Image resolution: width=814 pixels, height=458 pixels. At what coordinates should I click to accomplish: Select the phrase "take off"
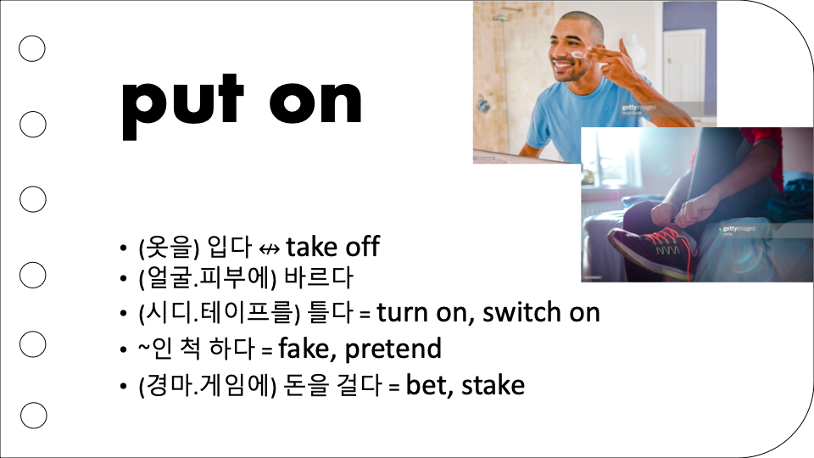(x=332, y=246)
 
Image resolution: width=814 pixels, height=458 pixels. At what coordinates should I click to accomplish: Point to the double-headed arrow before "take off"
(x=269, y=249)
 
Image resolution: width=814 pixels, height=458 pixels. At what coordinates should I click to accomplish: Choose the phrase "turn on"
(x=422, y=313)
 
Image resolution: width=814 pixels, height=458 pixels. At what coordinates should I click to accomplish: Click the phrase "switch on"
(x=541, y=313)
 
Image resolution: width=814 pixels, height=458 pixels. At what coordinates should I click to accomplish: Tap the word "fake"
(x=304, y=348)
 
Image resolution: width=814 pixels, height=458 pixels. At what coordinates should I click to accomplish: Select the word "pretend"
(x=393, y=349)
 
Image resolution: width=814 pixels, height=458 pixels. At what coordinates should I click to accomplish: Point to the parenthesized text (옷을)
(x=169, y=247)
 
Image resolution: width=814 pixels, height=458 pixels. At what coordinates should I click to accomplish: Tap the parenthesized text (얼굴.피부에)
(x=207, y=278)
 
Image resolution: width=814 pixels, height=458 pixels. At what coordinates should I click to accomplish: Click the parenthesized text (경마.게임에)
(x=207, y=386)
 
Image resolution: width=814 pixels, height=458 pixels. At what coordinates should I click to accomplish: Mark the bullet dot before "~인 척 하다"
(x=123, y=349)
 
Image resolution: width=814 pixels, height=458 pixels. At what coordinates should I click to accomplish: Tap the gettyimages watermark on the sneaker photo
(x=739, y=229)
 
